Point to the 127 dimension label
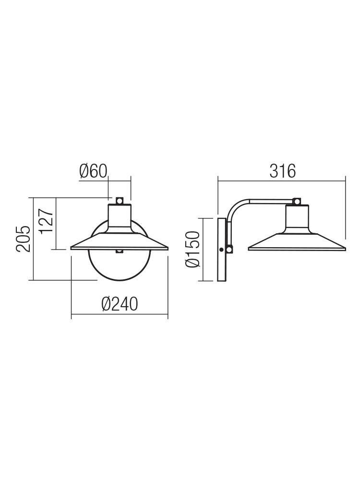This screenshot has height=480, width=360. (x=47, y=221)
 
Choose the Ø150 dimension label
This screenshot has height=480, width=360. (x=193, y=249)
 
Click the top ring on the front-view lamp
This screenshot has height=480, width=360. (x=120, y=201)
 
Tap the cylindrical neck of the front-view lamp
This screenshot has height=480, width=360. (x=120, y=216)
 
